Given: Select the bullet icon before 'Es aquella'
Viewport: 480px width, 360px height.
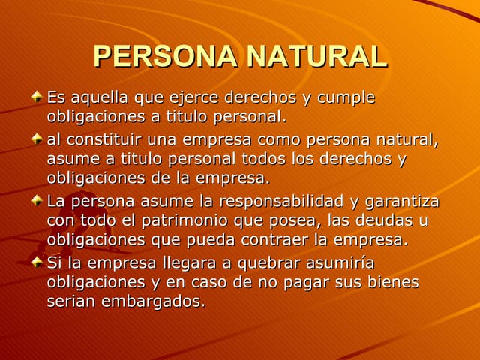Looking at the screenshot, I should tap(37, 97).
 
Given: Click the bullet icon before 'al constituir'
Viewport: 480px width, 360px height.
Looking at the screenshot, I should tap(37, 139).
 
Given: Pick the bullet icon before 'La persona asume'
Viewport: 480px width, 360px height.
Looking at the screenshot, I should tap(37, 201).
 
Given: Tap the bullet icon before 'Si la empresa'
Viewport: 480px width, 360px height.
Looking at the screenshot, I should tap(37, 262).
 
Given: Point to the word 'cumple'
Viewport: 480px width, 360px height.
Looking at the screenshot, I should tap(346, 98).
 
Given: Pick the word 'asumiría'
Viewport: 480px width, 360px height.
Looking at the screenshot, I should tap(338, 262).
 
